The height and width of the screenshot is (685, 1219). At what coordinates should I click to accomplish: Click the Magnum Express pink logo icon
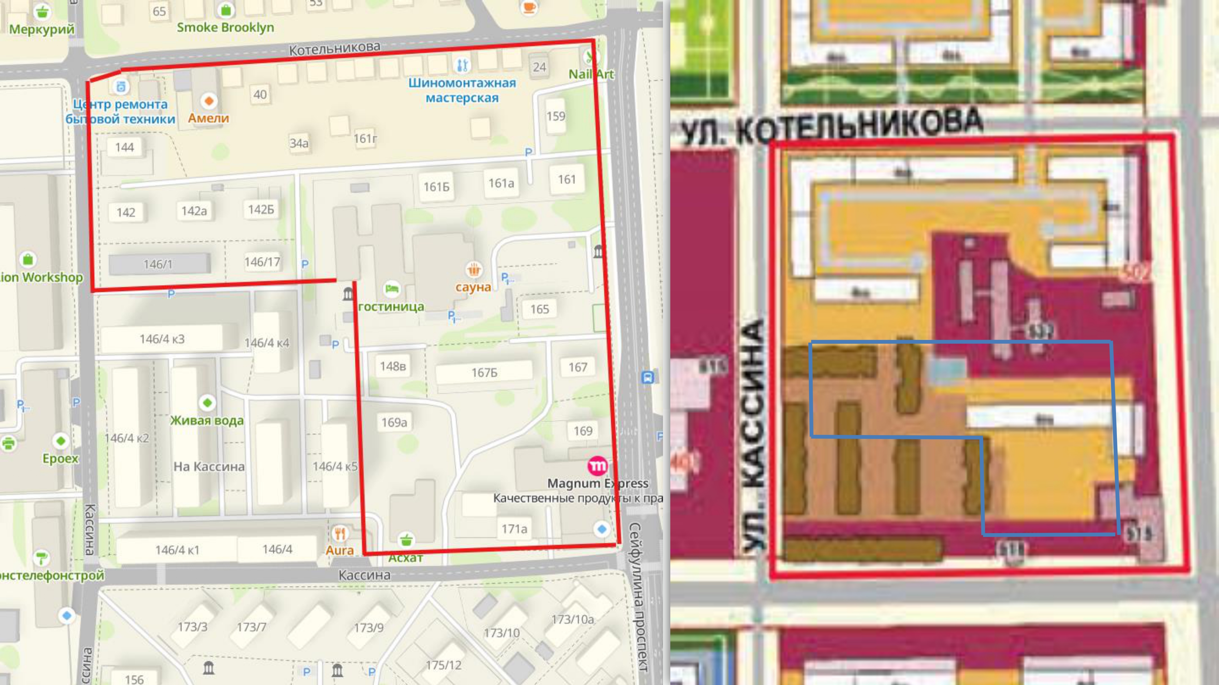coord(597,466)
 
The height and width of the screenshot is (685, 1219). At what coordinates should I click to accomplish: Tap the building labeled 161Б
coord(436,187)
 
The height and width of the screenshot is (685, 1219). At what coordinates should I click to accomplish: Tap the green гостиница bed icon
coord(391,289)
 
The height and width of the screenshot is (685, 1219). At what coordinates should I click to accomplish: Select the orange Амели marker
coord(209,101)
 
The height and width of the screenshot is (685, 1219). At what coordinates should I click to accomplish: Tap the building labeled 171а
coord(514,529)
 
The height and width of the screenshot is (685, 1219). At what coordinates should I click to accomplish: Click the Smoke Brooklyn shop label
coord(225,27)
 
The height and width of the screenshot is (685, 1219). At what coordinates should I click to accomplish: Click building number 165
coord(540,309)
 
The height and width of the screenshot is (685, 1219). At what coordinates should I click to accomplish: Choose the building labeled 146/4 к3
coord(162,339)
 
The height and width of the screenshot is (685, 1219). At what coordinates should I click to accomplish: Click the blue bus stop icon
coord(647,377)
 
